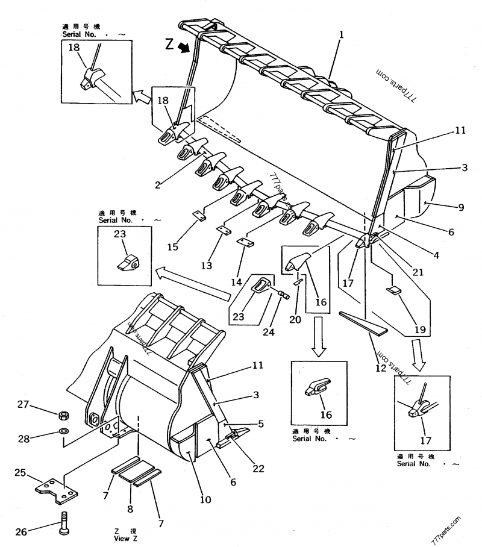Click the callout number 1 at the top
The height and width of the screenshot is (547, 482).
click(341, 36)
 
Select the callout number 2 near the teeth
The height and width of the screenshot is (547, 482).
click(158, 186)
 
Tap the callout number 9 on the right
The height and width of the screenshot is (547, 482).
click(461, 207)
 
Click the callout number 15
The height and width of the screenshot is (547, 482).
click(172, 247)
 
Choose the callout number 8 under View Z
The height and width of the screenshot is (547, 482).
click(130, 509)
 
